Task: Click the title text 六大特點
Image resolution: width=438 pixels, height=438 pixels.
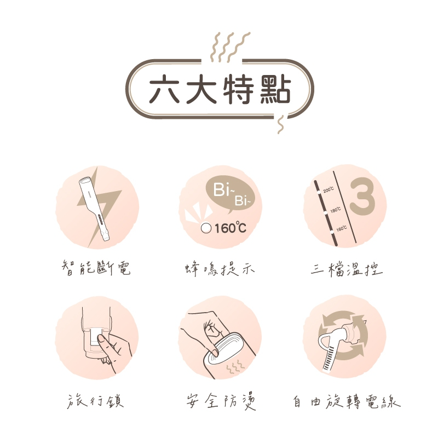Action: point(220,89)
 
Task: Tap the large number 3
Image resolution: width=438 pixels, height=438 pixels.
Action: point(362,197)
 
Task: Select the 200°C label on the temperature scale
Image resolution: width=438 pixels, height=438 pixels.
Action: point(329,189)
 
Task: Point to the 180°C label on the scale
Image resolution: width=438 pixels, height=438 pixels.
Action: point(336,210)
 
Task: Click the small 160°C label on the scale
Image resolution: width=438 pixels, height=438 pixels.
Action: point(341,229)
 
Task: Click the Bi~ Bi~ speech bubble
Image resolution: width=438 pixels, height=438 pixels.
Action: point(230,194)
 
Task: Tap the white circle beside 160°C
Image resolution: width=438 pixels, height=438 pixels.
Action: point(206,228)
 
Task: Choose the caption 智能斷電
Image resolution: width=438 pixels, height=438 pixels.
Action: point(96,268)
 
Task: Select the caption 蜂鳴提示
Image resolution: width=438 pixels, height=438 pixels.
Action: point(220,269)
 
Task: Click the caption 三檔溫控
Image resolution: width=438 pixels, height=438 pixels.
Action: point(347,269)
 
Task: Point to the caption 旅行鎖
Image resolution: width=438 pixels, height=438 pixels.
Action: point(95,401)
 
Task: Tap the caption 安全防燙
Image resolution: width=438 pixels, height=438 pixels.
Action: point(221,402)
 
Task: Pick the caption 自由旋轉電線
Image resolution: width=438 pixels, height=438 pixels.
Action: point(347,402)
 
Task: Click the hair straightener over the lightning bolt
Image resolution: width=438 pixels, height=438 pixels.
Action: point(94,209)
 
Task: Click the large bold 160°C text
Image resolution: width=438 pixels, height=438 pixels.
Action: point(230,228)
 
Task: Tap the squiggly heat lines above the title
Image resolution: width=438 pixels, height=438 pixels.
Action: point(229,47)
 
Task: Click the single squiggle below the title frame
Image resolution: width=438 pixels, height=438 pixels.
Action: point(280,124)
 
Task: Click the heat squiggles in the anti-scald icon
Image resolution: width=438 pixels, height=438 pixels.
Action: point(235,366)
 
